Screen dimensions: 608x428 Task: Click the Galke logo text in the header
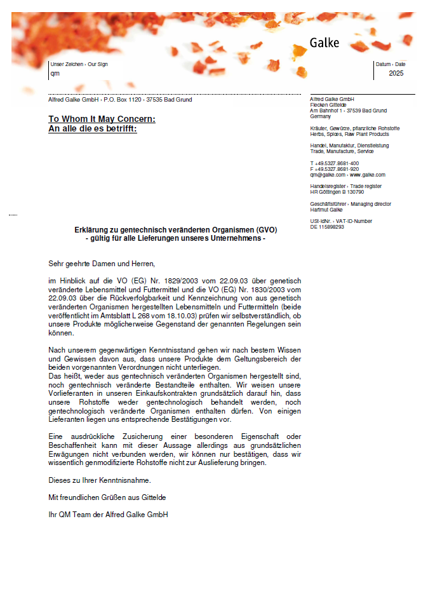click(324, 43)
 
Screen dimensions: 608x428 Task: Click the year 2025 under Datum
click(396, 73)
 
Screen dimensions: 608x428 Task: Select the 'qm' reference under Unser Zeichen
click(55, 73)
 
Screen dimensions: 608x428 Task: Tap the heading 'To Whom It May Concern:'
click(102, 119)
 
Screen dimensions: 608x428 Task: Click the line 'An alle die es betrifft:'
click(92, 128)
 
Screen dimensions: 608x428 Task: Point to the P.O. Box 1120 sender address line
click(120, 100)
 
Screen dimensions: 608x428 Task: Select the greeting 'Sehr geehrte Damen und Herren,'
click(102, 263)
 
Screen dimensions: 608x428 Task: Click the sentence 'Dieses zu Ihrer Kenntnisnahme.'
click(100, 480)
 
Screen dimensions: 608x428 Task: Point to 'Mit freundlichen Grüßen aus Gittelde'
click(107, 497)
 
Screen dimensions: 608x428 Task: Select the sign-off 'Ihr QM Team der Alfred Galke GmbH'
click(108, 514)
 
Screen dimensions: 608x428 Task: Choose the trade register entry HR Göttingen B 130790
click(337, 192)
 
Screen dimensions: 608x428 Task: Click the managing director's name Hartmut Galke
click(326, 210)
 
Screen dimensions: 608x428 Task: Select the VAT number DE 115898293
click(327, 227)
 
